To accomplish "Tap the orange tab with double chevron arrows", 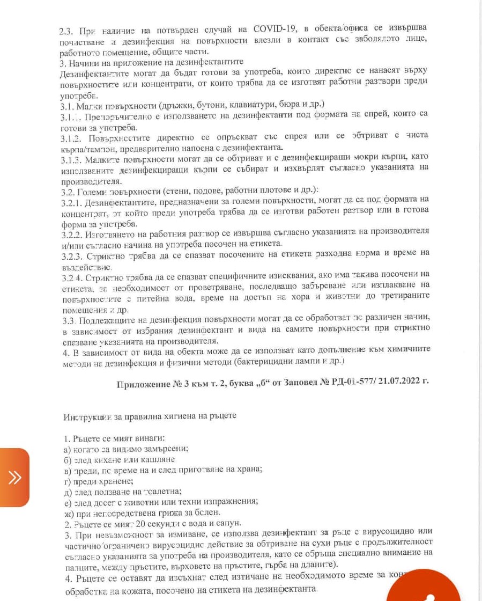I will (14, 477).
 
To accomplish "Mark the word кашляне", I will (156, 459).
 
